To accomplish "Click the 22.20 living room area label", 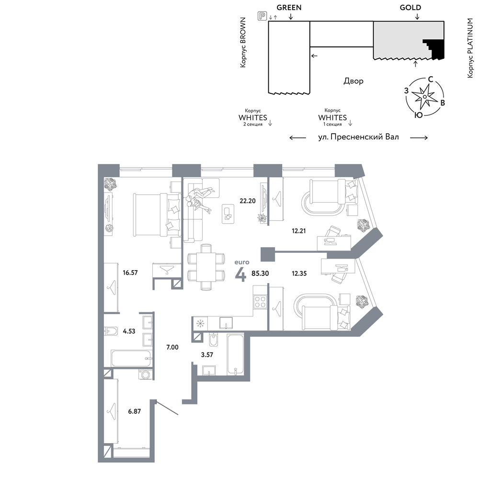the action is tap(248, 201).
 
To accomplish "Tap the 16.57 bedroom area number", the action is tap(130, 273).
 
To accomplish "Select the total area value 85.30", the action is tap(260, 274).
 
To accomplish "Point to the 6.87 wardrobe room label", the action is tap(135, 411).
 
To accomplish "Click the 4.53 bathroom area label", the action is tap(129, 331).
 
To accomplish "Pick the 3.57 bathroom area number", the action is tap(207, 354).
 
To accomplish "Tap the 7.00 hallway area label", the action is tap(172, 347).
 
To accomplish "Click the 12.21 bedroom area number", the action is tap(298, 231).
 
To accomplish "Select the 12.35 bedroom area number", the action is tap(299, 274).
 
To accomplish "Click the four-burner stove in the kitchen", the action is tap(260, 301).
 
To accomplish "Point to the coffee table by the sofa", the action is tap(228, 214).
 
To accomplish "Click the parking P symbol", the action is tap(262, 16).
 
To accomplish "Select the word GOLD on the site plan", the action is tap(411, 8).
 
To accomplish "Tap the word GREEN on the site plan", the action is tap(289, 8).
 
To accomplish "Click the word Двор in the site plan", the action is tap(354, 81).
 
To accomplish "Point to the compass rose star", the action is tap(424, 97).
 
